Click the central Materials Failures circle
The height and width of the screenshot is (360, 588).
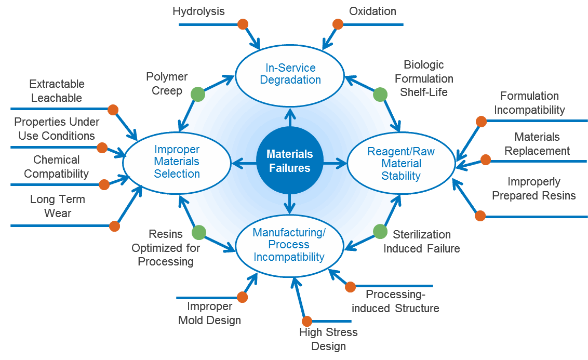click(290, 161)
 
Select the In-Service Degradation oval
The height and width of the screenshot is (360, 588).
click(290, 74)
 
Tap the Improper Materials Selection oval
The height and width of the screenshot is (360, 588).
click(177, 162)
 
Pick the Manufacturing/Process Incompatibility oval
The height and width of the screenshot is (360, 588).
click(289, 244)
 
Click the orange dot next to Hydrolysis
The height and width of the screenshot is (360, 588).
click(243, 24)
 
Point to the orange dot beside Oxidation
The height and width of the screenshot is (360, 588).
click(338, 24)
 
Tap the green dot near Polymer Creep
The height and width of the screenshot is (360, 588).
click(197, 94)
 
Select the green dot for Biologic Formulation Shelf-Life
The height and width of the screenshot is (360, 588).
click(380, 94)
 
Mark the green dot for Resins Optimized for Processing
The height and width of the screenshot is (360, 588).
click(199, 232)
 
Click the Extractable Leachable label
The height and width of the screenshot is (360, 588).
click(57, 90)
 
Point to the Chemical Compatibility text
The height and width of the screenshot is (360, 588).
click(57, 167)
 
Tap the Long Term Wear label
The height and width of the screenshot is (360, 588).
click(58, 206)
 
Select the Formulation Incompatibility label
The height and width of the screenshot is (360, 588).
click(529, 103)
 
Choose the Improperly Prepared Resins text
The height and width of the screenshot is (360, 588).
click(533, 189)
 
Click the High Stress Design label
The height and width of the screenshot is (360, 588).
click(328, 339)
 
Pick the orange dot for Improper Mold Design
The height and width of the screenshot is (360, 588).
click(242, 297)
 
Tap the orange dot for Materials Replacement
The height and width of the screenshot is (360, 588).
click(485, 160)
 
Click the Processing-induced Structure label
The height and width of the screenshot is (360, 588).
click(395, 301)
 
